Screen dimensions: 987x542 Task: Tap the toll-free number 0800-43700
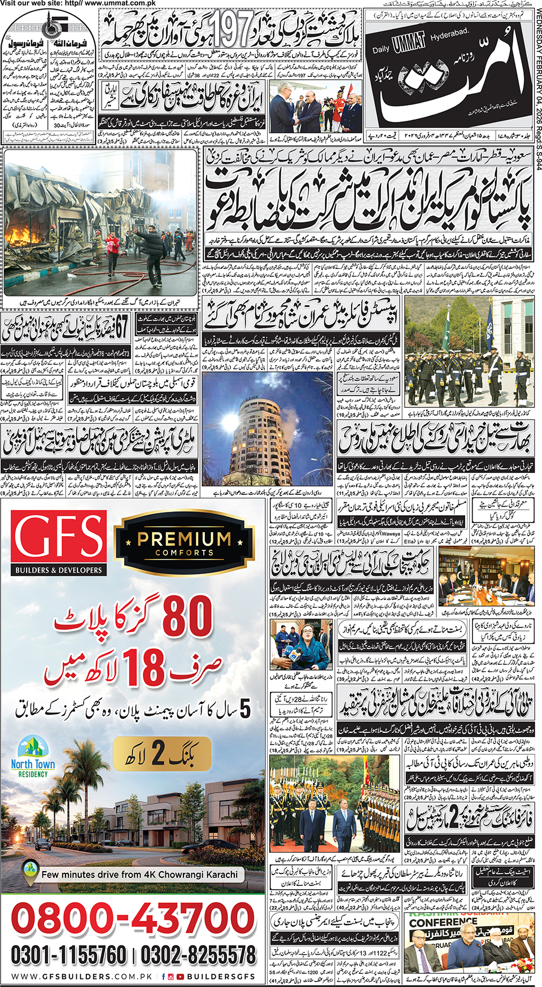(x=133, y=919)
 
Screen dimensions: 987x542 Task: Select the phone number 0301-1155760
(x=68, y=955)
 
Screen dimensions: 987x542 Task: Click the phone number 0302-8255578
(x=198, y=955)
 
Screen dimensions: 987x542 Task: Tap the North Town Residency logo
(x=33, y=756)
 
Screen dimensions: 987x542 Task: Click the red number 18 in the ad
(x=144, y=667)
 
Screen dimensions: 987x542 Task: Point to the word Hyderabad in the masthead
(x=449, y=34)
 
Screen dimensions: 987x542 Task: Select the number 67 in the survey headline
(x=121, y=326)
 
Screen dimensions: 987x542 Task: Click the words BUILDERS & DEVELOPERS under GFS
(x=59, y=569)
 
